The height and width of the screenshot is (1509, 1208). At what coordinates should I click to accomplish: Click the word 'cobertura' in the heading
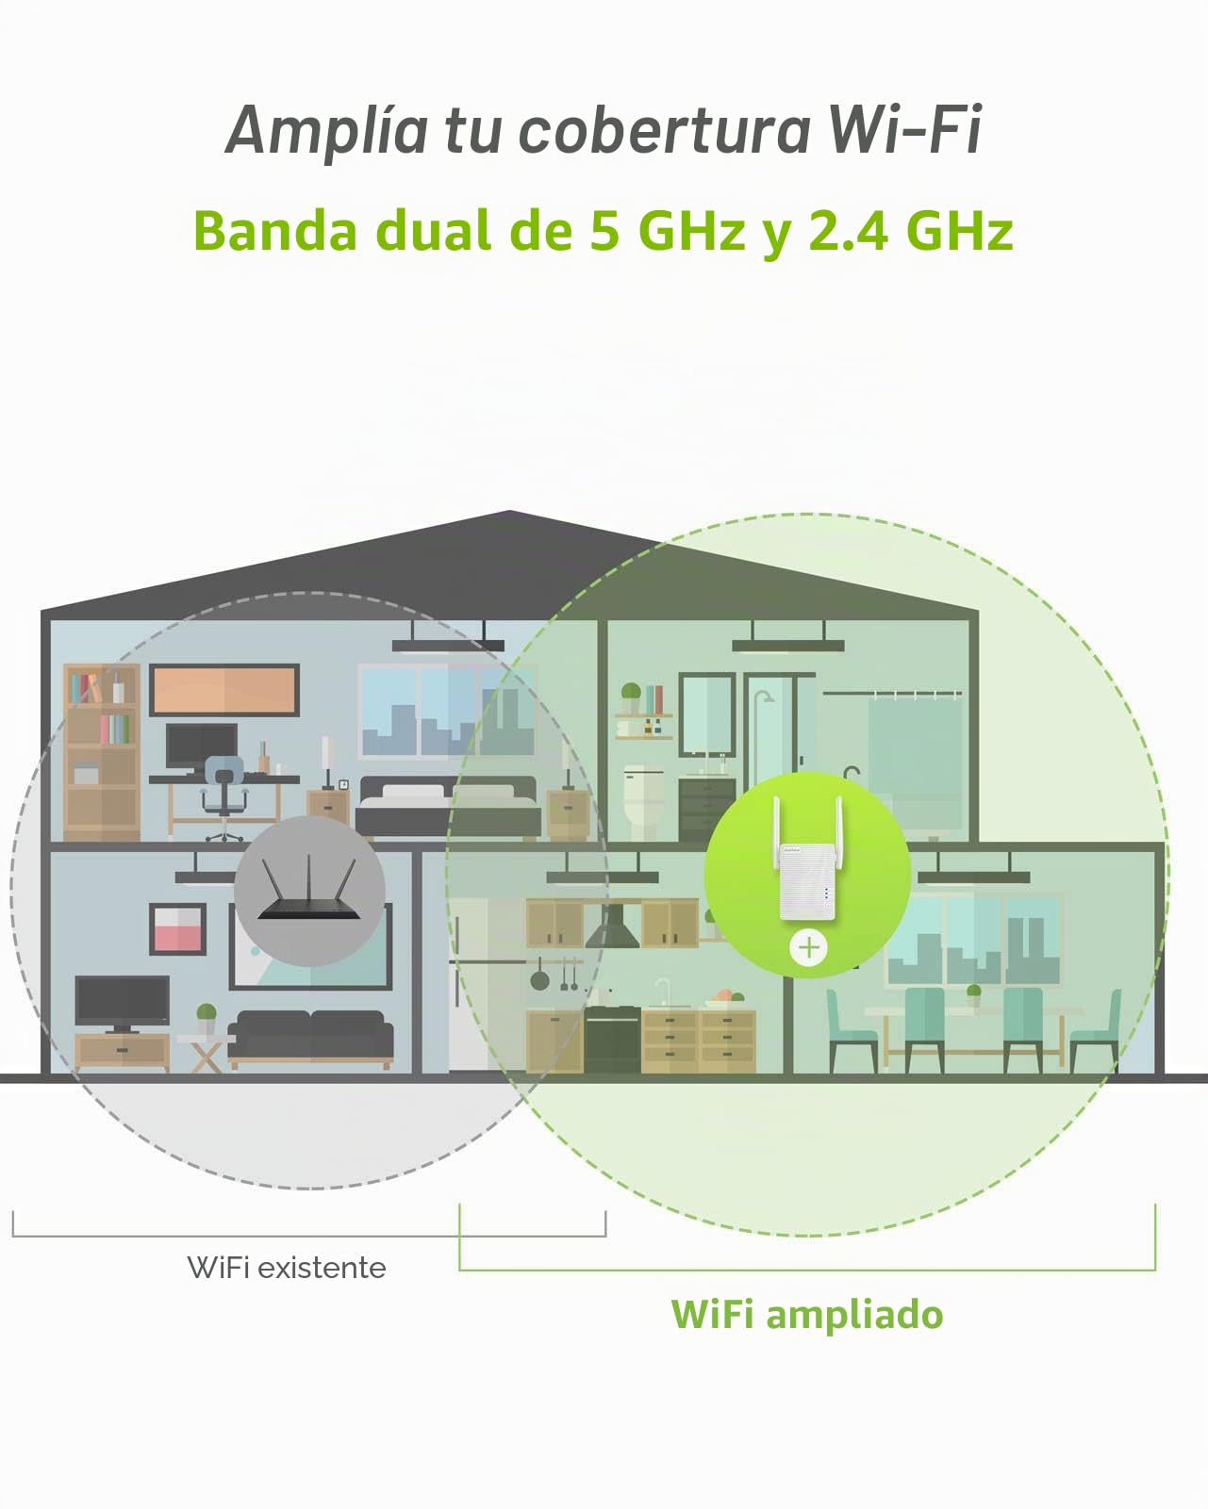pyautogui.click(x=664, y=130)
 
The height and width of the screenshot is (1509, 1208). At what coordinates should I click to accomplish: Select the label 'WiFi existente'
pyautogui.click(x=287, y=1268)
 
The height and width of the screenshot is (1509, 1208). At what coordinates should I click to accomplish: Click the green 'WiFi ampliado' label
pyautogui.click(x=806, y=1316)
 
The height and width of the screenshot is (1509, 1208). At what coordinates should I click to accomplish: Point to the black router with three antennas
pyautogui.click(x=308, y=889)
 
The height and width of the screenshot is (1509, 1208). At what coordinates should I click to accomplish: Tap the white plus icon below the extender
pyautogui.click(x=808, y=948)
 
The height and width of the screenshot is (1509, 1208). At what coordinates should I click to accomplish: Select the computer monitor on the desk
pyautogui.click(x=202, y=747)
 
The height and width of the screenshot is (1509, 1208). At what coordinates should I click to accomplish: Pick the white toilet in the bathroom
pyautogui.click(x=642, y=801)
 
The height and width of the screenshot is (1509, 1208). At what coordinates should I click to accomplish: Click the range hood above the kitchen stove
pyautogui.click(x=612, y=926)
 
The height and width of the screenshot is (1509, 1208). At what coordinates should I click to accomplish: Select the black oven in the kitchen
pyautogui.click(x=612, y=1040)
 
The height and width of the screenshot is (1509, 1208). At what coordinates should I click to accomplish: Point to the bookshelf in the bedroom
pyautogui.click(x=102, y=752)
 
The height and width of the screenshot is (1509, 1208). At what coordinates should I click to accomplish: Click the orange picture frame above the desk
pyautogui.click(x=223, y=690)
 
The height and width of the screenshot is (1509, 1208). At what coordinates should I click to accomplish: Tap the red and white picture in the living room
pyautogui.click(x=177, y=929)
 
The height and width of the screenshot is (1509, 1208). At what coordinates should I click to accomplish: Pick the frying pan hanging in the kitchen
pyautogui.click(x=539, y=976)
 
